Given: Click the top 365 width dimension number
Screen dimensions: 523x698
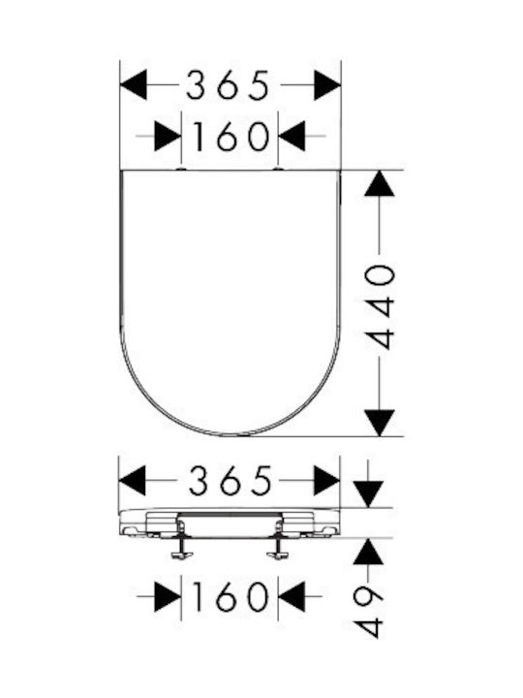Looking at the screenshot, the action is tap(228, 85).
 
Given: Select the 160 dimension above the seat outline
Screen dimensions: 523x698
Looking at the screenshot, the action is tap(231, 137).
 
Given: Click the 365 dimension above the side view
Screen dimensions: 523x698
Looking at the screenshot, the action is tap(230, 481).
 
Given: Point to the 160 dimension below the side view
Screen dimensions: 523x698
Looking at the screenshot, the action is tap(231, 596).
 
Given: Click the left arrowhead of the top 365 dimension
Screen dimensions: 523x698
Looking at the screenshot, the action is tap(134, 85).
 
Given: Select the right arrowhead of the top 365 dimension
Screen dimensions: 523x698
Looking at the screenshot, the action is tap(327, 85).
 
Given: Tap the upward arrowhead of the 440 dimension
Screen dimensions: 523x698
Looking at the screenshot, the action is tap(379, 183).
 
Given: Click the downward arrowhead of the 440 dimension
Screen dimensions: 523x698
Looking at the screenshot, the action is tap(379, 423).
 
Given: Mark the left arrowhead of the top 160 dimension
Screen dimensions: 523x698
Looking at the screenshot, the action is tap(169, 137).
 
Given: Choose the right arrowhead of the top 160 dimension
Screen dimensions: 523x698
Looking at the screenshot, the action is tap(292, 137).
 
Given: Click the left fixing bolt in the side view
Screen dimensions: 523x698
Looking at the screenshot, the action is tap(181, 541).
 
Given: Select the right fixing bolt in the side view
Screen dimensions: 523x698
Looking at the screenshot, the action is tap(278, 541).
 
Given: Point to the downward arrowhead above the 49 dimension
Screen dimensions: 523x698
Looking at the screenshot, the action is tap(368, 494).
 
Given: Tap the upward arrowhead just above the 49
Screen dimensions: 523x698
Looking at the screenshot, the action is tap(368, 552).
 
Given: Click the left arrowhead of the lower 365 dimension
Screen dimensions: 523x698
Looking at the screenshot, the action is tap(132, 481).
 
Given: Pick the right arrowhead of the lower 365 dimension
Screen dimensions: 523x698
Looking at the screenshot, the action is tap(326, 481).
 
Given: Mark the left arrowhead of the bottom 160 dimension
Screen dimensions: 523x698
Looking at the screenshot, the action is tap(169, 596).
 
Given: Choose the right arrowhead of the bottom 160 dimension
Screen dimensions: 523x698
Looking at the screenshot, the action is tap(292, 596).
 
